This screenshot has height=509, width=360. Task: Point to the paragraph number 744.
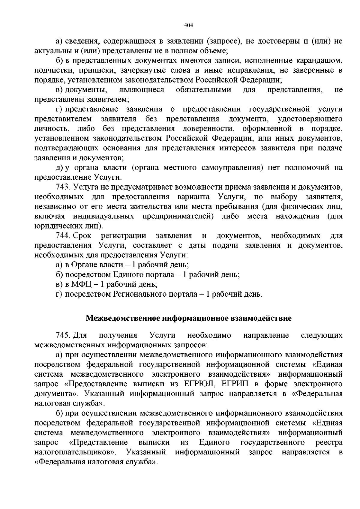pyautogui.click(x=63, y=236)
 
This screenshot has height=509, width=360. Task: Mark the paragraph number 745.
pyautogui.click(x=63, y=335)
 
